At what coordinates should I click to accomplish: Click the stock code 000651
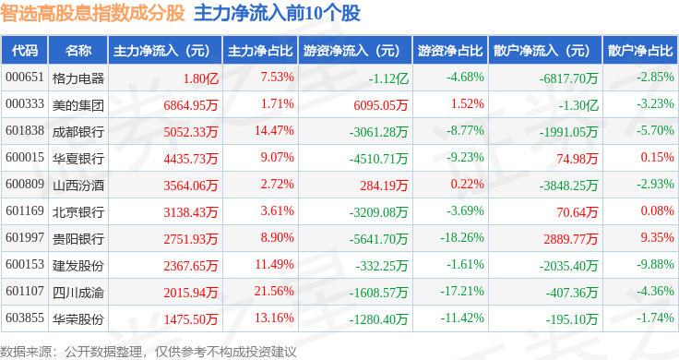click(25, 78)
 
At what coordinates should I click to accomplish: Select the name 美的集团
click(77, 105)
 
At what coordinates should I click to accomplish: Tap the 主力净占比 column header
click(260, 51)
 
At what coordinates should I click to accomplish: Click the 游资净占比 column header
click(450, 51)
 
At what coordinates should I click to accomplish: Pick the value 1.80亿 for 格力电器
click(200, 78)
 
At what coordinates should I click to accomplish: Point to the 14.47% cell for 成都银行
click(274, 130)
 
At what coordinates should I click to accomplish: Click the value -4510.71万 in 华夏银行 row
click(378, 159)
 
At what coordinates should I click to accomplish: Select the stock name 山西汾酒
click(77, 186)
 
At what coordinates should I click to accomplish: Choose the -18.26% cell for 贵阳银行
click(462, 237)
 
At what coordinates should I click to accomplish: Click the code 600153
click(25, 264)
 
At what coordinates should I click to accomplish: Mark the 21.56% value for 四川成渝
click(274, 291)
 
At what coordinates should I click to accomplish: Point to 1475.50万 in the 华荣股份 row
click(191, 319)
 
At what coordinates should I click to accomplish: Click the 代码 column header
click(25, 51)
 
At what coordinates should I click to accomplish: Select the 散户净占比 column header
click(640, 51)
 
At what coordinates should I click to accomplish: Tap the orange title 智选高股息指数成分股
click(92, 13)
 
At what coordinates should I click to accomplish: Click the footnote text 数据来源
click(26, 352)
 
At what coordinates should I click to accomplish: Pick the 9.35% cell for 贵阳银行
click(658, 237)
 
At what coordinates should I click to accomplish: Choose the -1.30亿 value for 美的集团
click(578, 105)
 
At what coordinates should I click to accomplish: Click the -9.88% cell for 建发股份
click(655, 264)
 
